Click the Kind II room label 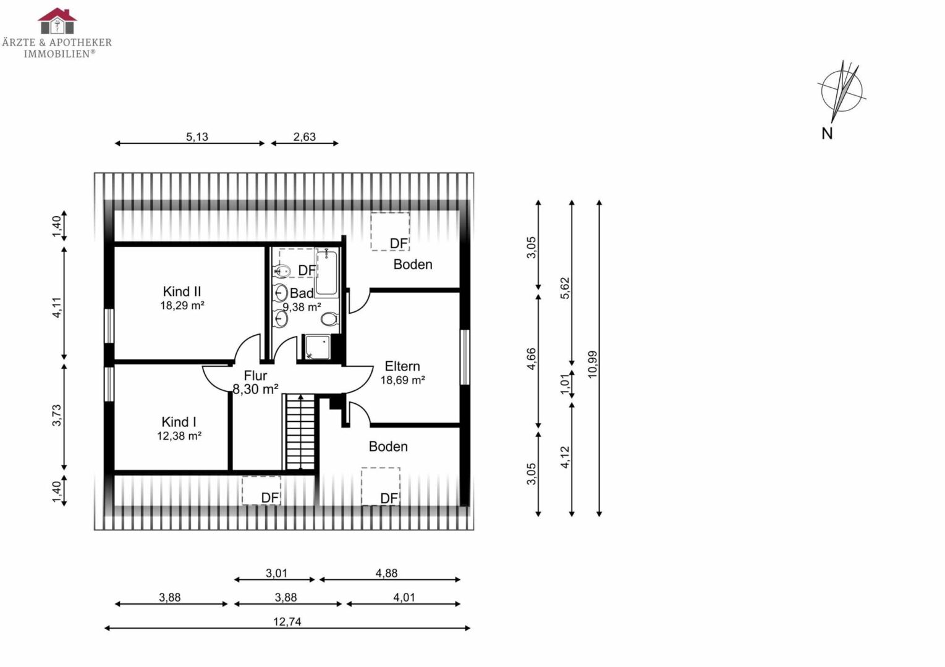(182, 292)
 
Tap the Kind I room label (179, 422)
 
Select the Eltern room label (402, 366)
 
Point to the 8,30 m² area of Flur (256, 389)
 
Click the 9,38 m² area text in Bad (302, 307)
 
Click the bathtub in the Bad (326, 272)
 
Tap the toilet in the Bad (329, 319)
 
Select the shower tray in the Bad (318, 347)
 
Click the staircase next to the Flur (301, 432)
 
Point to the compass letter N (827, 133)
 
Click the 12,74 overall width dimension (287, 622)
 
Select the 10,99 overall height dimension (592, 364)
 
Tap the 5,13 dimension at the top (197, 137)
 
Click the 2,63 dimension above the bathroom (304, 137)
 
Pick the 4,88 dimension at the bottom (386, 573)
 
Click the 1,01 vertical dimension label (565, 384)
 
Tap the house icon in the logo (57, 20)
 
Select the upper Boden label (413, 264)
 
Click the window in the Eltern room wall (465, 357)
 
